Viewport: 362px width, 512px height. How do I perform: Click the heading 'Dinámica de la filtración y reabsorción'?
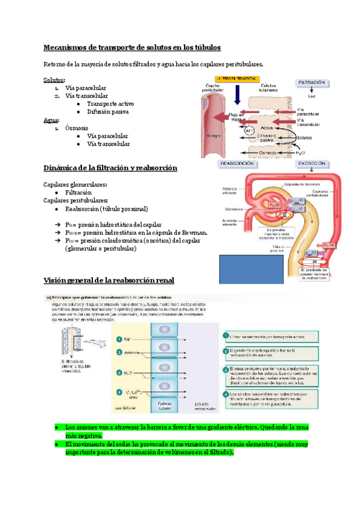pyautogui.click(x=110, y=168)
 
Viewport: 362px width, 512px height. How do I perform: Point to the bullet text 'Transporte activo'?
pyautogui.click(x=110, y=104)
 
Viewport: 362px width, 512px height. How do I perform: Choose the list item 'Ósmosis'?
pyautogui.click(x=77, y=128)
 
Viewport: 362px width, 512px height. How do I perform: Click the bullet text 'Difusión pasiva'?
pyautogui.click(x=108, y=112)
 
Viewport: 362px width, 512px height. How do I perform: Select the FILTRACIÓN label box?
pyautogui.click(x=311, y=83)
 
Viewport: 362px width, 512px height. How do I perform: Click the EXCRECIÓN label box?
pyautogui.click(x=311, y=164)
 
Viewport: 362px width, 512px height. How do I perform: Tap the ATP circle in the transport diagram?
pyautogui.click(x=250, y=130)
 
